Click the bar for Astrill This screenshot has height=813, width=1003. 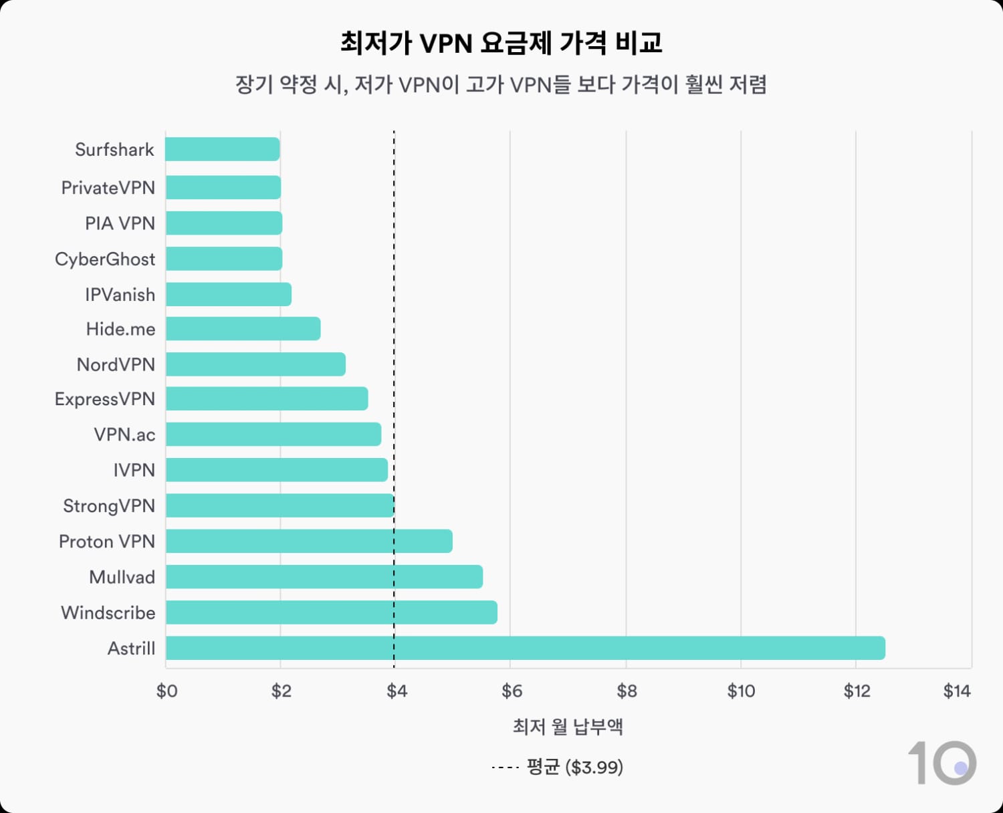point(525,648)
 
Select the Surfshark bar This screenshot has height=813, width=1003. point(223,149)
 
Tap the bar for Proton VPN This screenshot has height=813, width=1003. point(309,541)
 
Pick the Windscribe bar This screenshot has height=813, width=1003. point(331,612)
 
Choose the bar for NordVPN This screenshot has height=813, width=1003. point(255,364)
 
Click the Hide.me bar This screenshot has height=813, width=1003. point(243,329)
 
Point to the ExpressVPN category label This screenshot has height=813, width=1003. point(105,399)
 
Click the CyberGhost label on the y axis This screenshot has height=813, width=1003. point(105,259)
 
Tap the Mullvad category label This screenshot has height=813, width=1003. point(122,577)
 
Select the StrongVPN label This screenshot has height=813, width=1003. point(109,505)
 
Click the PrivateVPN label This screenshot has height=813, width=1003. point(108,187)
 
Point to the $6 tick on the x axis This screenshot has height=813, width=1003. point(512,691)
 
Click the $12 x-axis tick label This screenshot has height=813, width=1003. point(857,691)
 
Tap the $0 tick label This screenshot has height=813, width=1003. point(166,691)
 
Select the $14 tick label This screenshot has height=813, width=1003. point(957,691)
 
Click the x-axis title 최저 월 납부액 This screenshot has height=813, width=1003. point(568,727)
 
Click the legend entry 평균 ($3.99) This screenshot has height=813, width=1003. point(574,767)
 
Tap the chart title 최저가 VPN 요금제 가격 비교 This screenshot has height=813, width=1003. point(501,43)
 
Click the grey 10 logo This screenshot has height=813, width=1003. point(941,763)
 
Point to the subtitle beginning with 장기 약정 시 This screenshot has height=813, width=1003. point(501,85)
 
